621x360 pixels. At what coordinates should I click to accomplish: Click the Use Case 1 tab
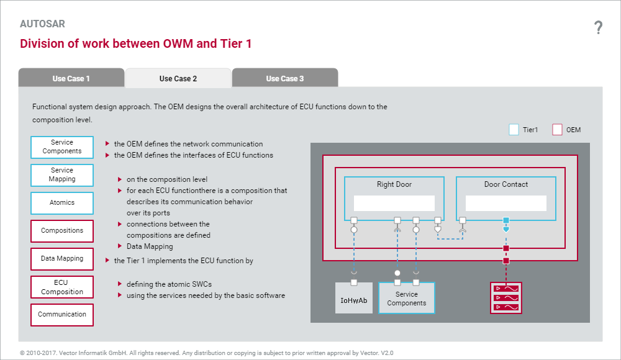click(x=71, y=78)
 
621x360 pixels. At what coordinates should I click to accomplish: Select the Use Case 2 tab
click(x=178, y=78)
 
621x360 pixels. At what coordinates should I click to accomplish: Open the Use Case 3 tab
click(x=285, y=78)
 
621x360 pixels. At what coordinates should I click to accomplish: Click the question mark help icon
click(x=598, y=27)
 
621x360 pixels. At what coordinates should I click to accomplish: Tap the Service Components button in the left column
click(x=62, y=147)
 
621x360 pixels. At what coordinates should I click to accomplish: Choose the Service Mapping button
click(x=62, y=175)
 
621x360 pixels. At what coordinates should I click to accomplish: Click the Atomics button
click(x=62, y=203)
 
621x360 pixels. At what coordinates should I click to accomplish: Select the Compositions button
click(x=62, y=231)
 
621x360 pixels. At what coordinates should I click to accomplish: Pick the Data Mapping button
click(x=62, y=259)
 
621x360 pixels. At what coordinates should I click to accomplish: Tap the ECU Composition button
click(x=62, y=287)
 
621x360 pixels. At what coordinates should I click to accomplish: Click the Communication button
click(x=62, y=315)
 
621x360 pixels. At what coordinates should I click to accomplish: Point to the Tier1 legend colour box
click(x=514, y=130)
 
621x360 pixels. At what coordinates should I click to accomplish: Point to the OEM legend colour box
click(x=557, y=130)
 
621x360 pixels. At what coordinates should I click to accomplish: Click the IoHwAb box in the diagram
click(x=354, y=300)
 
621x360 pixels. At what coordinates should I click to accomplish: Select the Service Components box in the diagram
click(x=407, y=299)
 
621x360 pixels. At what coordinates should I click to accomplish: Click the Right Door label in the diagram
click(x=394, y=184)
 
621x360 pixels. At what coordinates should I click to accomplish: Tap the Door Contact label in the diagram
click(x=506, y=184)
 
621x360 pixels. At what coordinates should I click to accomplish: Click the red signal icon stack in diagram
click(x=506, y=298)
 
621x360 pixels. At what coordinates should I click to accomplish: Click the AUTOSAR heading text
click(x=42, y=24)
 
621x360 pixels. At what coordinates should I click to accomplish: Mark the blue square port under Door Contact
click(x=506, y=220)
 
